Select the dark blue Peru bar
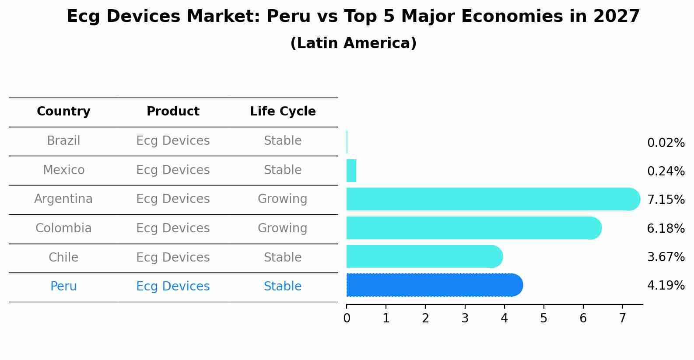(x=433, y=285)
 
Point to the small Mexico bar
(x=351, y=171)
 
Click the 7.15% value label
(x=666, y=200)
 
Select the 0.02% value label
(x=666, y=143)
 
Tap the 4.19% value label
(x=666, y=286)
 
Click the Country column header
(x=63, y=112)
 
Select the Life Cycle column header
(x=283, y=112)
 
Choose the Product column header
(x=173, y=112)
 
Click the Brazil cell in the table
(x=63, y=141)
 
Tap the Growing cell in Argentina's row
(x=282, y=199)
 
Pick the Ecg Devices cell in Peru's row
(x=173, y=287)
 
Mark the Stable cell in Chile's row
(x=282, y=257)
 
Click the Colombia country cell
(x=63, y=228)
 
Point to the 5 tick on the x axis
(x=543, y=318)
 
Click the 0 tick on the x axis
(x=347, y=318)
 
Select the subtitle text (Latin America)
(x=353, y=43)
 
